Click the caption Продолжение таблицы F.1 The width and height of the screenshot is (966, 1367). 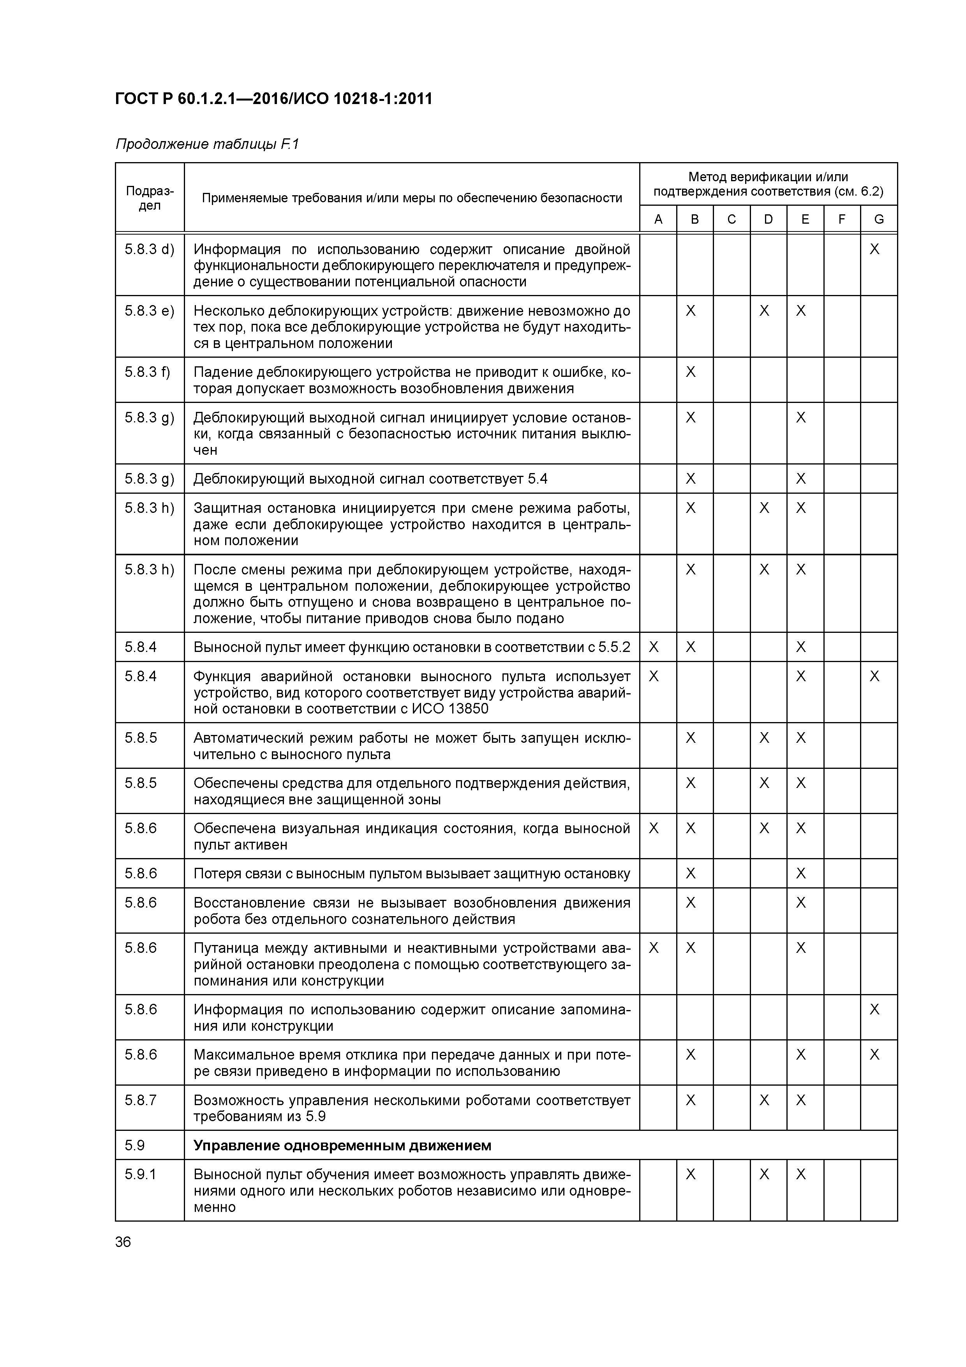click(x=206, y=144)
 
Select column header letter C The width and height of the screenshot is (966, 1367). click(x=732, y=219)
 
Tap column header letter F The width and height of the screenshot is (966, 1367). click(x=842, y=219)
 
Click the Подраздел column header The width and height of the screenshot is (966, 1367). click(x=150, y=198)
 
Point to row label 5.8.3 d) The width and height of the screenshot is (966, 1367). click(x=150, y=249)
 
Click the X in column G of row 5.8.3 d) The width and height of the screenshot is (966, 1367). click(x=874, y=249)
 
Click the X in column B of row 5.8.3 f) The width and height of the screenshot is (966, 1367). click(x=691, y=372)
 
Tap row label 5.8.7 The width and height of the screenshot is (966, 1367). click(x=141, y=1100)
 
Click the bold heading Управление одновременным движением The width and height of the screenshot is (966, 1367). click(x=342, y=1146)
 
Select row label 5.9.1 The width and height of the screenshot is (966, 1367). click(x=141, y=1174)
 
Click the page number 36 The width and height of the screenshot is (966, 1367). click(x=123, y=1242)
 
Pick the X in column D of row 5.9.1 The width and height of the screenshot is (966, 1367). click(x=764, y=1174)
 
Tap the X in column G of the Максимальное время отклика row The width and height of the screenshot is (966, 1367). click(x=874, y=1055)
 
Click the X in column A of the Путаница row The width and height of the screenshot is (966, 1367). click(x=654, y=948)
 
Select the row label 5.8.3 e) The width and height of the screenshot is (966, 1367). click(x=150, y=311)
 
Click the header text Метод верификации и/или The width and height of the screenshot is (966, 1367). click(x=768, y=177)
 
